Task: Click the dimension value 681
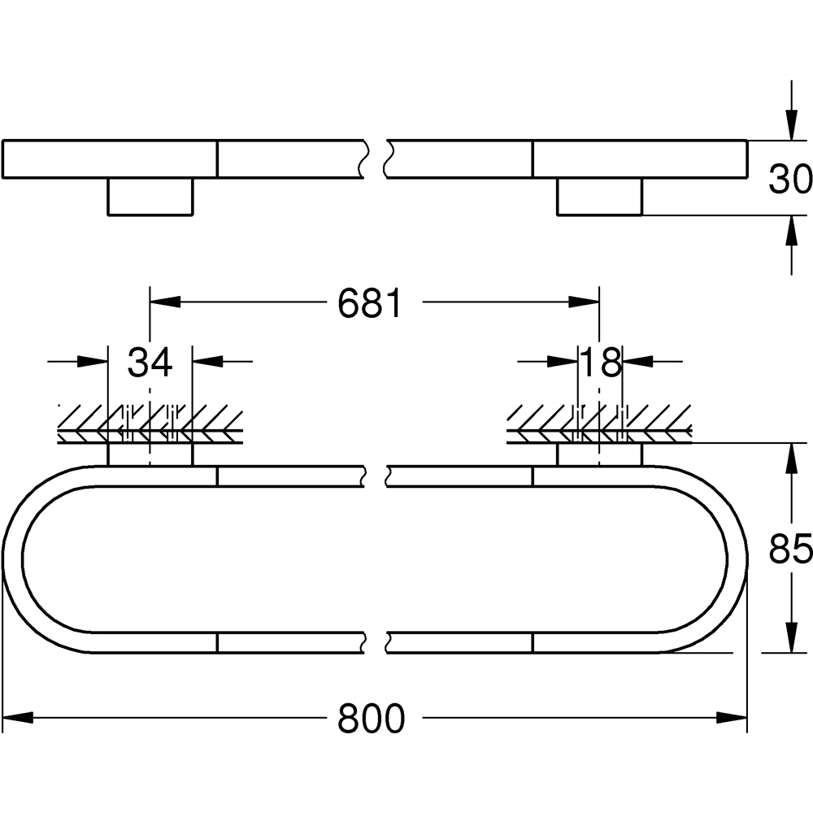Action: coord(370,303)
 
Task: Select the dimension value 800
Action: coord(371,719)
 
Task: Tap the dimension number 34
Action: coord(150,363)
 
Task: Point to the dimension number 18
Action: coord(600,363)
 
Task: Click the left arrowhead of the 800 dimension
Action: coord(18,718)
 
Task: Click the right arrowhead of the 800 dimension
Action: coord(732,718)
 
